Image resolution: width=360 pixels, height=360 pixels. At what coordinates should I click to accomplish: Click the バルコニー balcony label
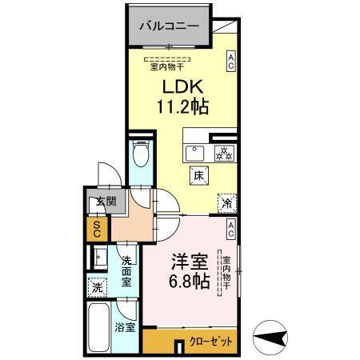tap(170, 26)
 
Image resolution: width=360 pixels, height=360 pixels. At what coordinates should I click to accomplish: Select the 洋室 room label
tap(190, 262)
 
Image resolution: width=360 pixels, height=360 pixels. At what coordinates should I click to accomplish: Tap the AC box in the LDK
tap(230, 62)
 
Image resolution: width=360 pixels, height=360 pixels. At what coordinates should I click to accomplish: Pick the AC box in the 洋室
tap(230, 230)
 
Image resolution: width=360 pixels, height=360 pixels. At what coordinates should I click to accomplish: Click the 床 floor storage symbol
tap(197, 174)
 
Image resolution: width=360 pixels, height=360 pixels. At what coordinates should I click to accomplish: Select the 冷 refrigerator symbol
tap(227, 203)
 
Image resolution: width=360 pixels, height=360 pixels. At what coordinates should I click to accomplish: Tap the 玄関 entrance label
tap(98, 202)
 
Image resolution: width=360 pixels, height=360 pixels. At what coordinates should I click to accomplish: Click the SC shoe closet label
tap(96, 230)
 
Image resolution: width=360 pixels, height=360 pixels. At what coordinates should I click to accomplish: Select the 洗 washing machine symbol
tap(96, 286)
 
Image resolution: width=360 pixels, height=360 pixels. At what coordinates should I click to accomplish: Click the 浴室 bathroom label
tap(125, 326)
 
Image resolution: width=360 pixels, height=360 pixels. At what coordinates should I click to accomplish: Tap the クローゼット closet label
tap(212, 341)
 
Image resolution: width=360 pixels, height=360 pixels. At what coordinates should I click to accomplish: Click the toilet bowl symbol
tap(141, 152)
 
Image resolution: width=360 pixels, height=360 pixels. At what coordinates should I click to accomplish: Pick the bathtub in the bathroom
tap(98, 329)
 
